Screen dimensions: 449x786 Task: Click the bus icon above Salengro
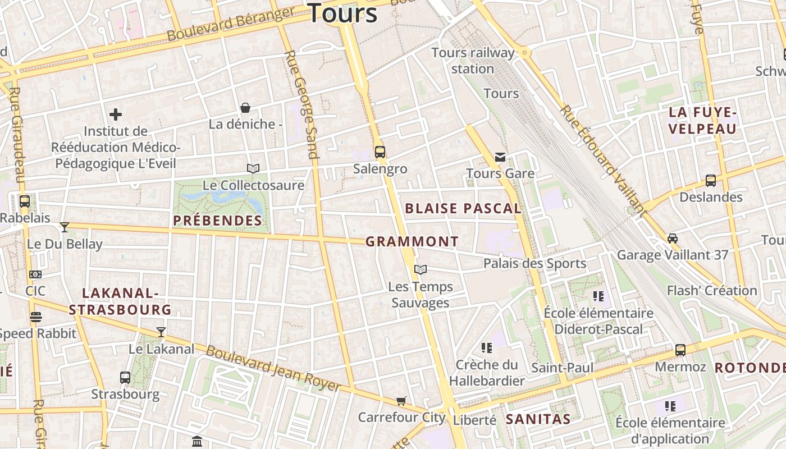pyautogui.click(x=380, y=152)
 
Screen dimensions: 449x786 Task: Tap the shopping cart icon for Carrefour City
pyautogui.click(x=401, y=401)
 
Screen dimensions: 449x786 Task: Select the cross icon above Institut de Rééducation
pyautogui.click(x=116, y=114)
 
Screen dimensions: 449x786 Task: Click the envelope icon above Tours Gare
pyautogui.click(x=500, y=157)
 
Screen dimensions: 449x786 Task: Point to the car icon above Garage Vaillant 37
pyautogui.click(x=673, y=238)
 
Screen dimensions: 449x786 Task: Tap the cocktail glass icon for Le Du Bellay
pyautogui.click(x=65, y=227)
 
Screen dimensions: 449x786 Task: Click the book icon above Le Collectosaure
pyautogui.click(x=253, y=168)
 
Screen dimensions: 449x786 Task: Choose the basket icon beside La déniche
pyautogui.click(x=245, y=107)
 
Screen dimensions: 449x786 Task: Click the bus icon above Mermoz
pyautogui.click(x=680, y=350)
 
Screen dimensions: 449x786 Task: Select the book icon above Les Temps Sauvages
pyautogui.click(x=421, y=269)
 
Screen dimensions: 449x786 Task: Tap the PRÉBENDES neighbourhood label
pyautogui.click(x=218, y=221)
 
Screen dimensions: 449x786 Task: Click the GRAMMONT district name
pyautogui.click(x=412, y=242)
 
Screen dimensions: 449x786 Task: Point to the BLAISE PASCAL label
pyautogui.click(x=463, y=208)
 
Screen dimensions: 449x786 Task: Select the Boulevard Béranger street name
pyautogui.click(x=231, y=24)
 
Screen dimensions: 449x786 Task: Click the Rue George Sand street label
pyautogui.click(x=302, y=104)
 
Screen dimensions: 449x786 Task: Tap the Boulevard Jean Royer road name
pyautogui.click(x=273, y=368)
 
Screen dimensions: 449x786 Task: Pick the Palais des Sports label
pyautogui.click(x=534, y=263)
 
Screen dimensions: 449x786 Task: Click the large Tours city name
pyautogui.click(x=342, y=12)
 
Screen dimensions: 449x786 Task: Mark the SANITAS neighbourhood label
pyautogui.click(x=538, y=419)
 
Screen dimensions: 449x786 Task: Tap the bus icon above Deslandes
pyautogui.click(x=710, y=181)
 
